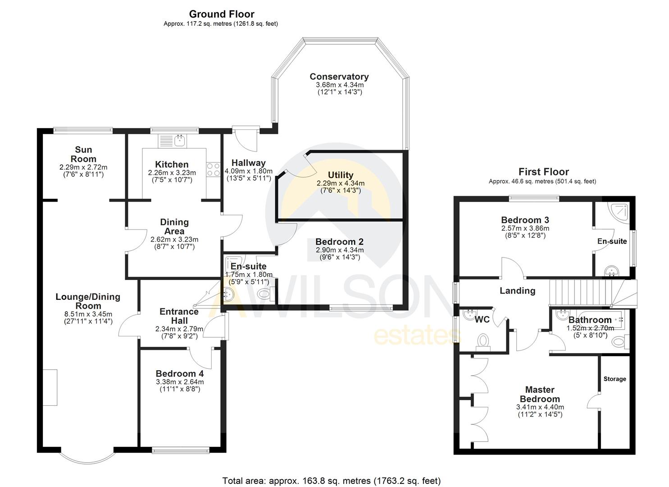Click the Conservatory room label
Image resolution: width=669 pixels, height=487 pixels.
339,77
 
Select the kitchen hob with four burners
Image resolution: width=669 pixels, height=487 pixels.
213,169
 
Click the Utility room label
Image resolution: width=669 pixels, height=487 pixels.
341,175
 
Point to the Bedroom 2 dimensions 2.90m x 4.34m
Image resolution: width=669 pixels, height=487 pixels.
340,250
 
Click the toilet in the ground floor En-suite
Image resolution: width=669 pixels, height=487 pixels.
264,294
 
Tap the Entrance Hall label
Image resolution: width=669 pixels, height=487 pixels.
179,316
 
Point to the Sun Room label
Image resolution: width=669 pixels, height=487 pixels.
83,154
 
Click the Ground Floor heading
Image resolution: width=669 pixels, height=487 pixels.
221,14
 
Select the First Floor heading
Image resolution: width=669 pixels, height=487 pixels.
543,172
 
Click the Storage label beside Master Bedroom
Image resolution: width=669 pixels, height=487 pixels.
614,379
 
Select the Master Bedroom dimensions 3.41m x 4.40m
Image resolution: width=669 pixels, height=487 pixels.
540,407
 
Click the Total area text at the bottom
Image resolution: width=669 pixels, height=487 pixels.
331,481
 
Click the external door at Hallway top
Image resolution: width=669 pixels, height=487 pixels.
246,138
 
